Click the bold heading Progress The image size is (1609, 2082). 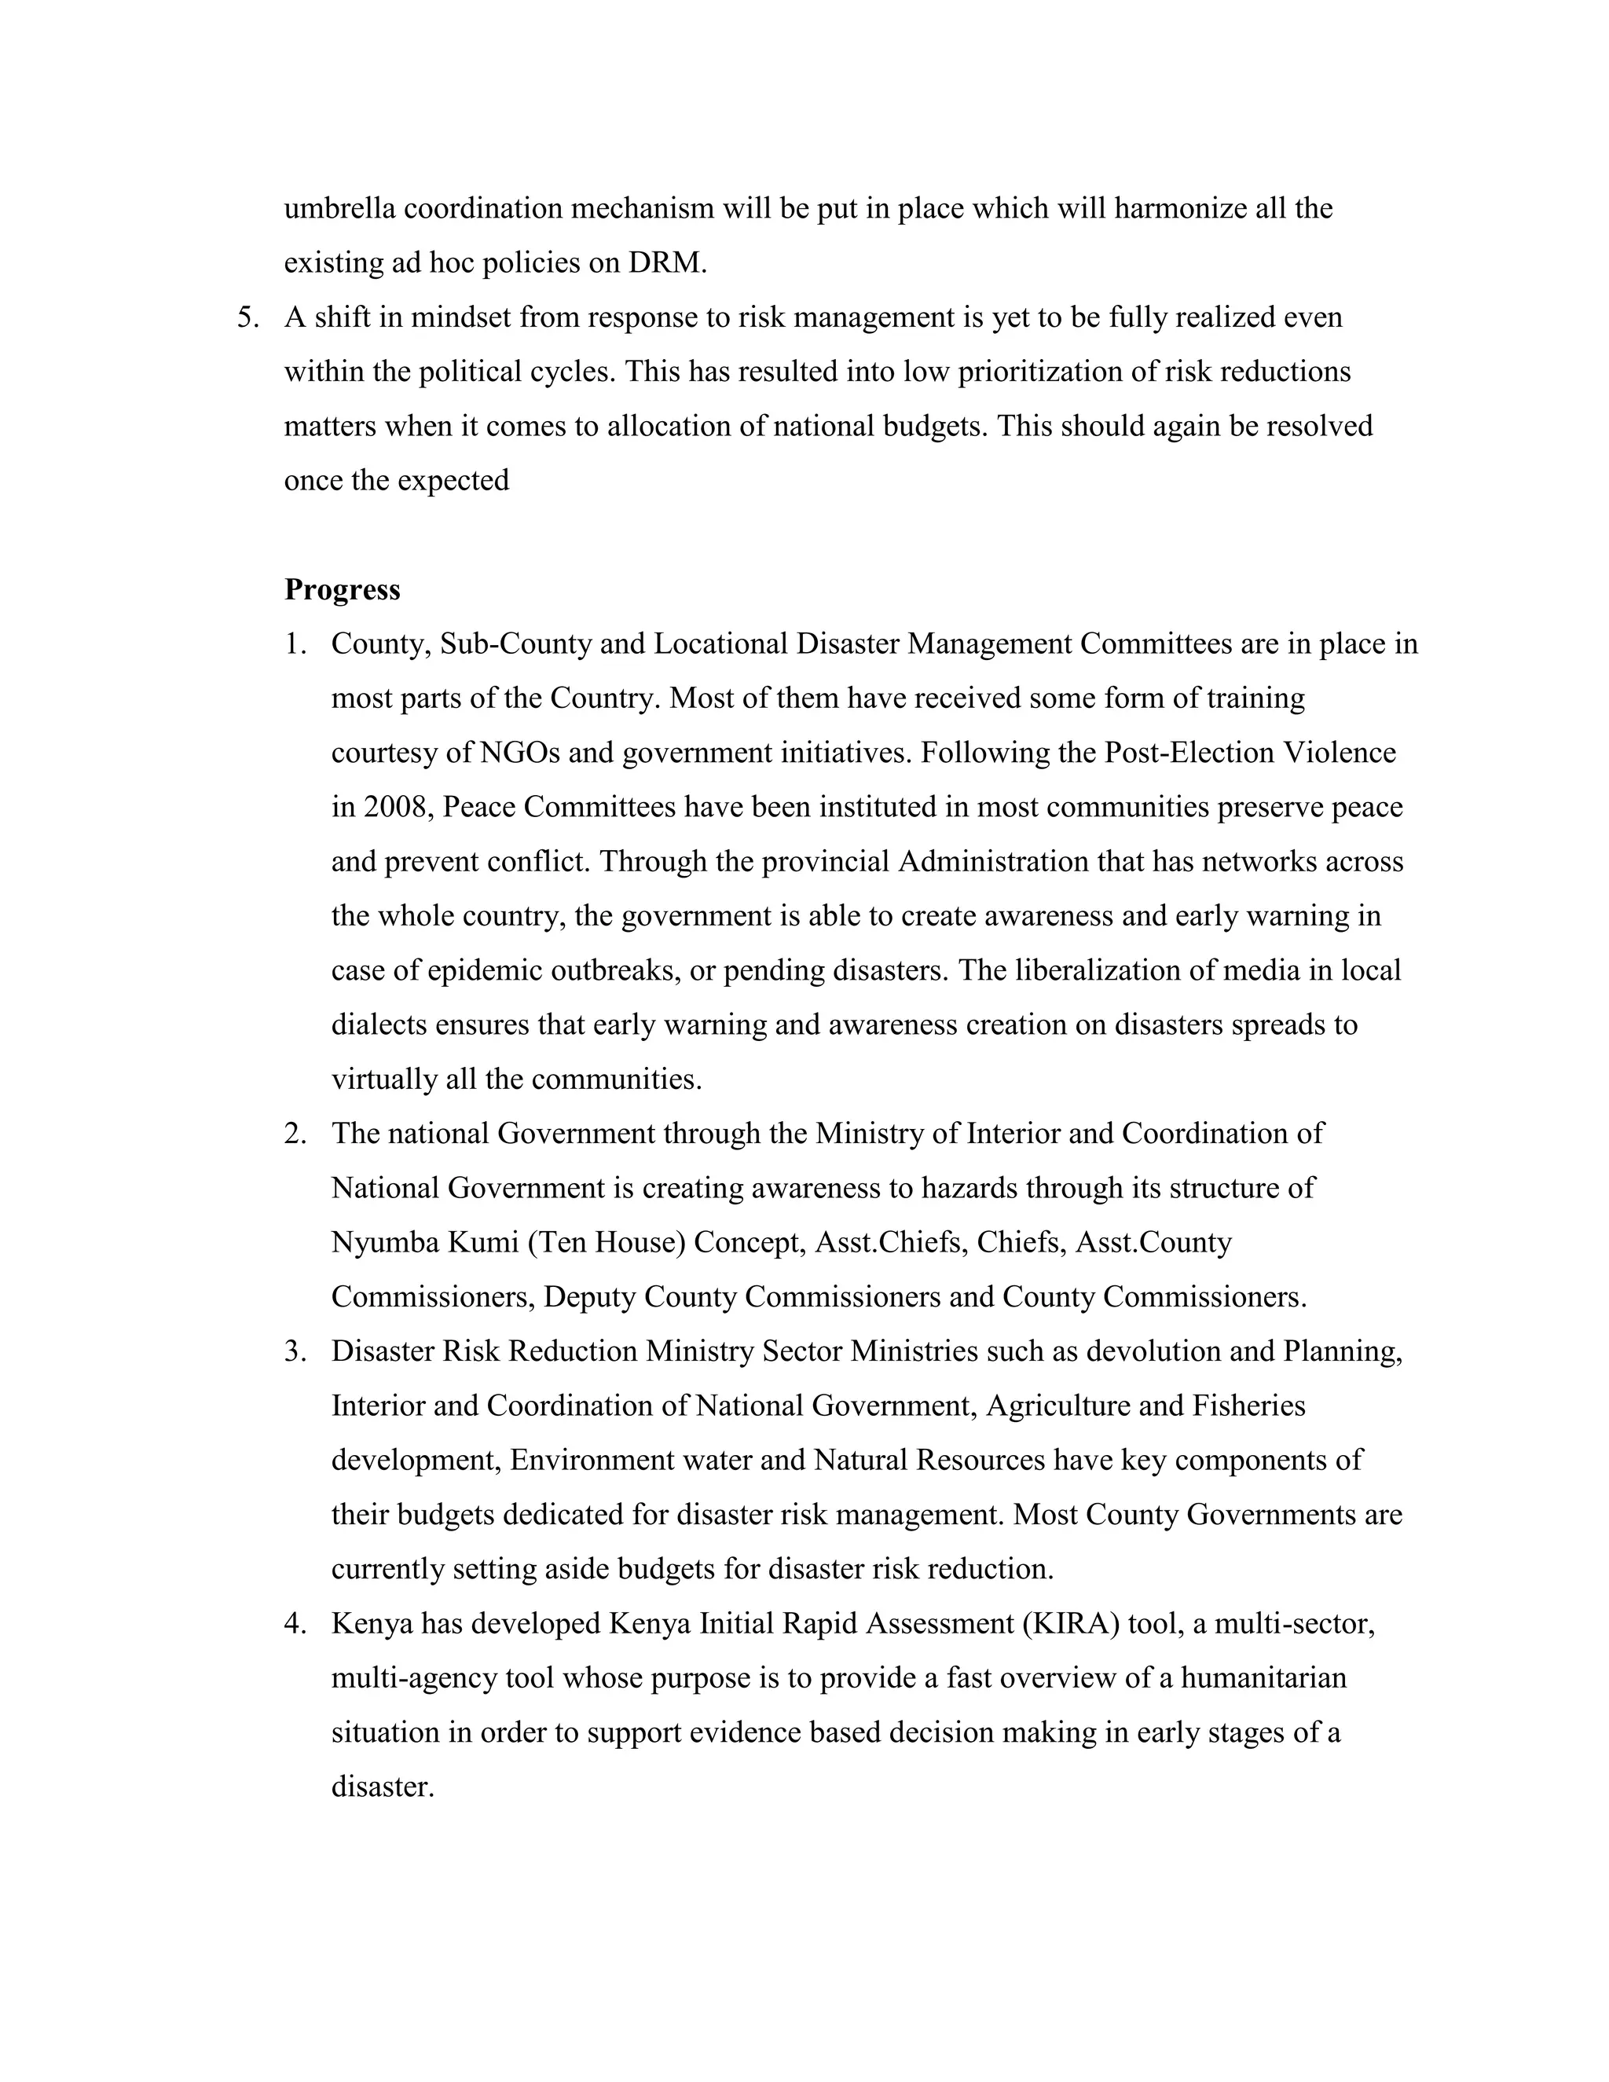pyautogui.click(x=343, y=590)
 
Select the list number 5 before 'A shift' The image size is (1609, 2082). pyautogui.click(x=247, y=317)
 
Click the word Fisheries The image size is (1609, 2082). pyautogui.click(x=1245, y=1406)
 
